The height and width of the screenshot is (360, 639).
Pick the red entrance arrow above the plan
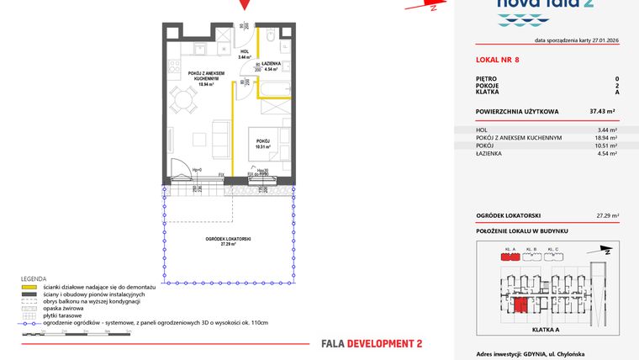pos(245,5)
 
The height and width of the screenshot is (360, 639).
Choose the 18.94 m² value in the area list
pos(606,137)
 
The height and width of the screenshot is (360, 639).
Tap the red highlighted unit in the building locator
pos(521,305)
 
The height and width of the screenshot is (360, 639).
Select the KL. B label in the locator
pos(531,249)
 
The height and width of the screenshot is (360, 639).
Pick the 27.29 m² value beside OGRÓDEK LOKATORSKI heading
pos(606,215)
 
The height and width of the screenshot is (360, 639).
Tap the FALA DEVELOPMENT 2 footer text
pos(372,343)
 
